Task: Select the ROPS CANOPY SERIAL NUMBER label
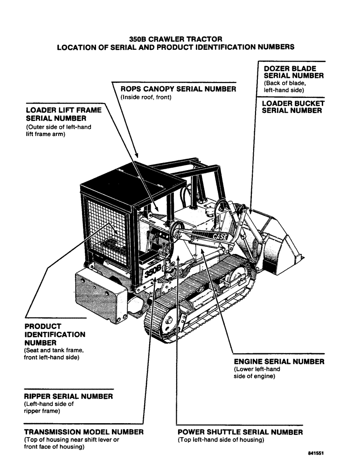point(178,89)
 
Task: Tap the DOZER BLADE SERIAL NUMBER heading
point(293,72)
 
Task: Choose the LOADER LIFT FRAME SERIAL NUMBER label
point(63,115)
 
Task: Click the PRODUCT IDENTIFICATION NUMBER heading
point(55,334)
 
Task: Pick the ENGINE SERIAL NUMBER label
point(279,361)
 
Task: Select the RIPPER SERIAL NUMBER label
point(68,396)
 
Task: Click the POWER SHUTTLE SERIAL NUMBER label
point(240,432)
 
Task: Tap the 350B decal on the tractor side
point(152,270)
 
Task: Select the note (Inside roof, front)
point(146,97)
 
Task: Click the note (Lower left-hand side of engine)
point(257,373)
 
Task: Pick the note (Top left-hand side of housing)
point(221,440)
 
